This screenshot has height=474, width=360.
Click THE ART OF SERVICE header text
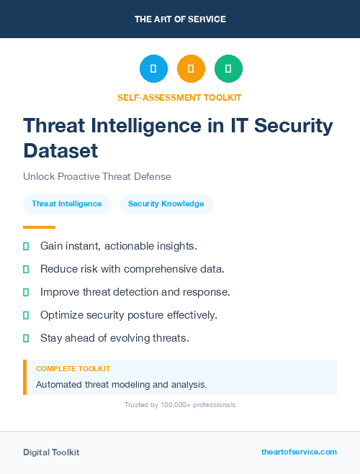[x=180, y=19]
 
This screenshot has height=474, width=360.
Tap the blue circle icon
[x=153, y=69]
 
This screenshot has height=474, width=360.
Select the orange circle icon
[x=191, y=69]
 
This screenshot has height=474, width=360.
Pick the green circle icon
[x=228, y=69]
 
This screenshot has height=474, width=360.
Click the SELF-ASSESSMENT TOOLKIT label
[x=180, y=97]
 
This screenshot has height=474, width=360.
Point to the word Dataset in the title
[x=60, y=150]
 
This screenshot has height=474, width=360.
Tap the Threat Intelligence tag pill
[x=67, y=204]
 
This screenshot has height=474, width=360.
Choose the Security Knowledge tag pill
[x=166, y=204]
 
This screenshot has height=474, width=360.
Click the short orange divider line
[x=39, y=227]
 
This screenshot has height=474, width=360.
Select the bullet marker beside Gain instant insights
[x=26, y=247]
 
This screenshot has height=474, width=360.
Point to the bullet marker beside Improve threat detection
[x=26, y=293]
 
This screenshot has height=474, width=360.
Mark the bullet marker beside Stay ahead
[x=26, y=338]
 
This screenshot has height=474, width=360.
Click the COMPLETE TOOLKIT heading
[x=73, y=368]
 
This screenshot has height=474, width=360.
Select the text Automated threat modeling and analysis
[x=121, y=384]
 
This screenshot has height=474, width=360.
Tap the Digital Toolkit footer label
[x=51, y=452]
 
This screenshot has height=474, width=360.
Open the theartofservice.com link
[x=299, y=452]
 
